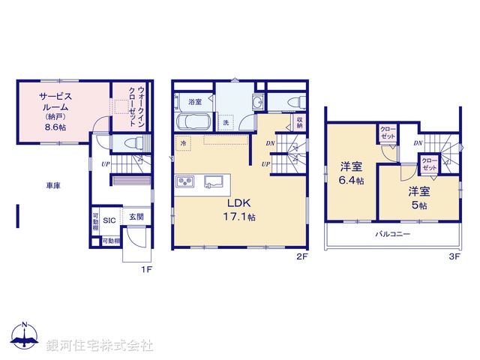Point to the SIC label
(x=109, y=220)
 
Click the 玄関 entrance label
(x=136, y=217)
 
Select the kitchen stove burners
(x=185, y=181)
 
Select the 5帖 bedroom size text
(x=418, y=205)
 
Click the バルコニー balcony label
(x=392, y=235)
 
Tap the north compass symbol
(x=25, y=337)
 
